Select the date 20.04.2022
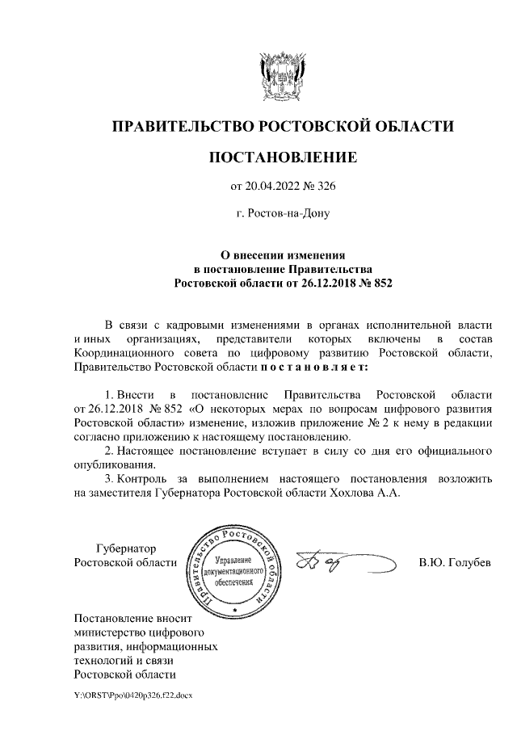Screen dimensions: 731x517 (273, 187)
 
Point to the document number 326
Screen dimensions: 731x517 (325, 187)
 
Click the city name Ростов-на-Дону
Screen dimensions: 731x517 (283, 216)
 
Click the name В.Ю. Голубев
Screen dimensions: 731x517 (455, 562)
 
